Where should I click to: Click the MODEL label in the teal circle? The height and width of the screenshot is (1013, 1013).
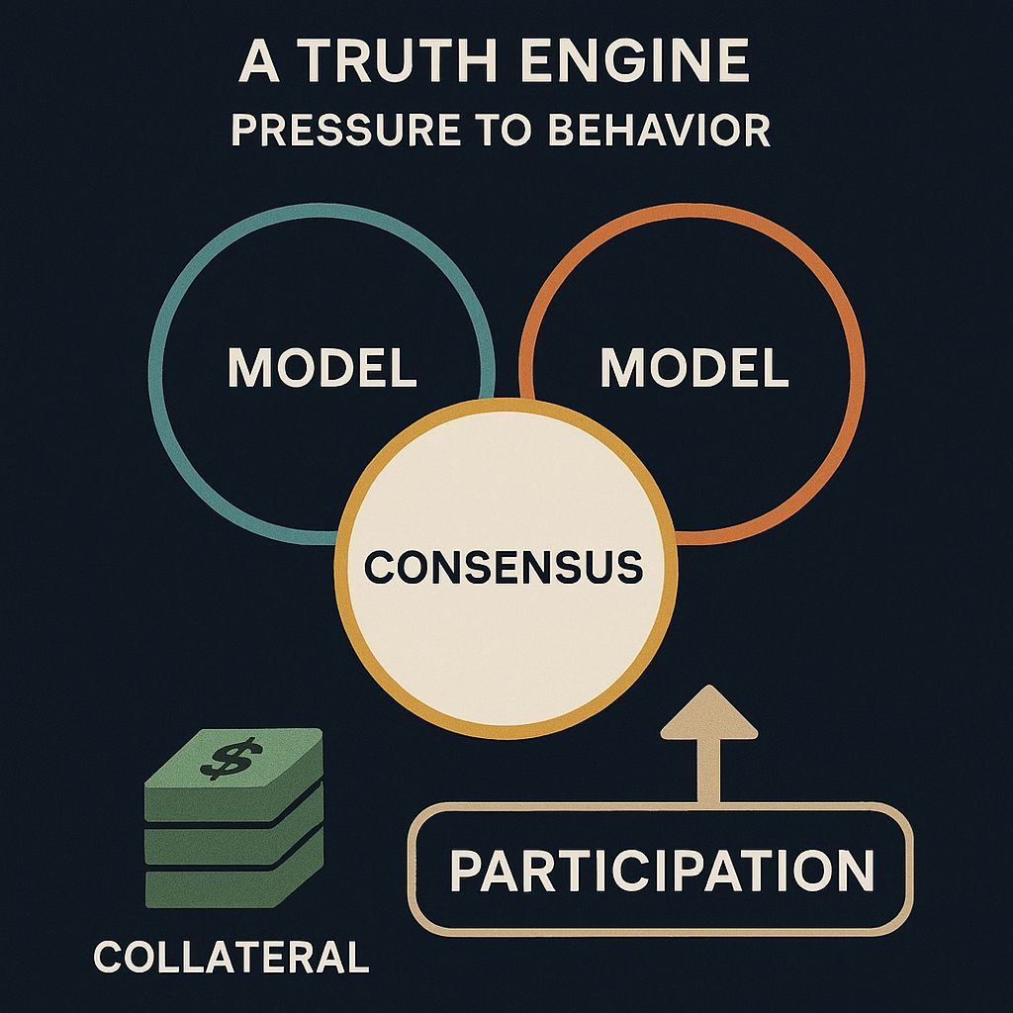(x=322, y=368)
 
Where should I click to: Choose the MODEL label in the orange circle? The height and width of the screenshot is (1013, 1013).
(x=693, y=368)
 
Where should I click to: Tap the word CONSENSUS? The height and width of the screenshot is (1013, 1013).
(x=504, y=567)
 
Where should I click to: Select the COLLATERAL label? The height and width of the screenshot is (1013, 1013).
(x=230, y=957)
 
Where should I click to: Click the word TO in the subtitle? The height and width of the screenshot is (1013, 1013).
(x=508, y=132)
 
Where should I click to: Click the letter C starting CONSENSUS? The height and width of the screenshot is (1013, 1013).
(x=377, y=568)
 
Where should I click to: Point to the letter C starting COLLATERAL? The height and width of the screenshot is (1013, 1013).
(x=106, y=957)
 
